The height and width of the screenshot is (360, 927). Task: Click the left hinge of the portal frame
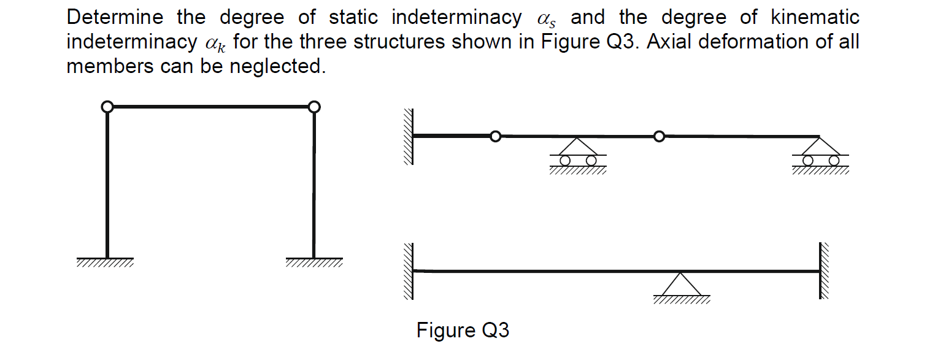click(107, 107)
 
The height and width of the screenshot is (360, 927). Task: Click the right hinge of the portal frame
click(313, 107)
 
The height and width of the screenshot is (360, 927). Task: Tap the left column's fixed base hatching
click(105, 263)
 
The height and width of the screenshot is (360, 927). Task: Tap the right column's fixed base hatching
click(313, 263)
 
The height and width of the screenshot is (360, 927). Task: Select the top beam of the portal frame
click(210, 107)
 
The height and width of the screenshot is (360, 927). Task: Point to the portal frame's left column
click(107, 184)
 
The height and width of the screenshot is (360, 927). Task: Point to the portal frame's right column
click(313, 184)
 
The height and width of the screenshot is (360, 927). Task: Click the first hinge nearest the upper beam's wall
click(495, 136)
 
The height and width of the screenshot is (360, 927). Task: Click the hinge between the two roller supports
click(659, 136)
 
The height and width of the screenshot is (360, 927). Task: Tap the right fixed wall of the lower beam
click(825, 271)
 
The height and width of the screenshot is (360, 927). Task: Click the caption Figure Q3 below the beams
click(463, 331)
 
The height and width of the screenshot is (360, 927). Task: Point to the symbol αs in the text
click(545, 19)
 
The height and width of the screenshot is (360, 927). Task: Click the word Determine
click(116, 18)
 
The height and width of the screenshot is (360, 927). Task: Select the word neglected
click(277, 66)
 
